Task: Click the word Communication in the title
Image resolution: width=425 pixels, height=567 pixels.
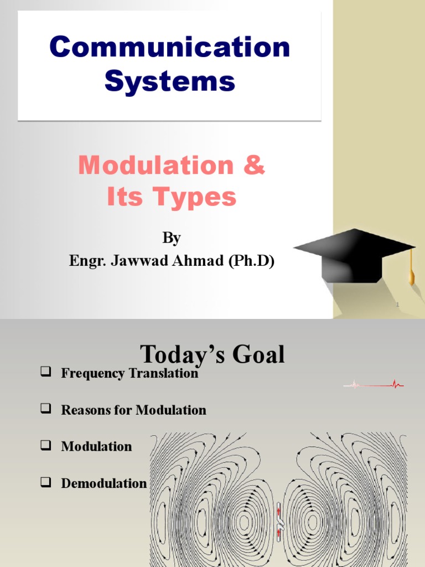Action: pos(169,48)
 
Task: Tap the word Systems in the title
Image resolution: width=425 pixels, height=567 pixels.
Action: pos(169,81)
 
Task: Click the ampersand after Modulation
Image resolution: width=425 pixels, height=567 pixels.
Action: pos(254,166)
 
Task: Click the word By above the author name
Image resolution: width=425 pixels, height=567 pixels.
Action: pos(172,238)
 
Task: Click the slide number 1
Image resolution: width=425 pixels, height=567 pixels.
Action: pos(397,305)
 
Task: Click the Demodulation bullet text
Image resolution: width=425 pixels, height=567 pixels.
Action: pos(104,483)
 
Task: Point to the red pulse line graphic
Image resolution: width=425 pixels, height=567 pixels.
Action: pos(374,384)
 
